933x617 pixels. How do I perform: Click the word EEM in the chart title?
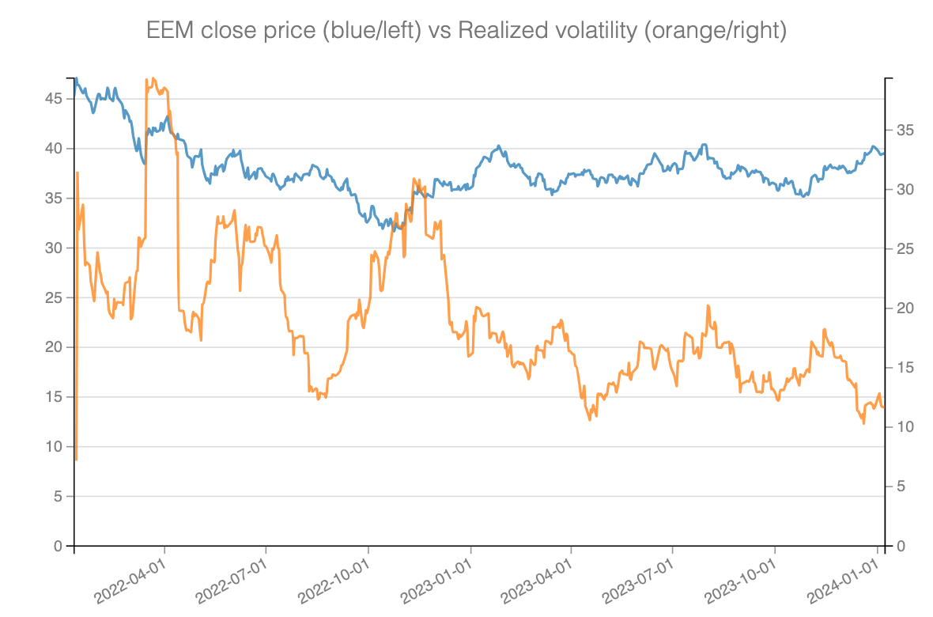168,32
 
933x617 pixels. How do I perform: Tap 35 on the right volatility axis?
906,130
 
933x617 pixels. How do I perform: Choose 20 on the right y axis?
906,308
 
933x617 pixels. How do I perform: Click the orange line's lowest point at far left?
76,459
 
